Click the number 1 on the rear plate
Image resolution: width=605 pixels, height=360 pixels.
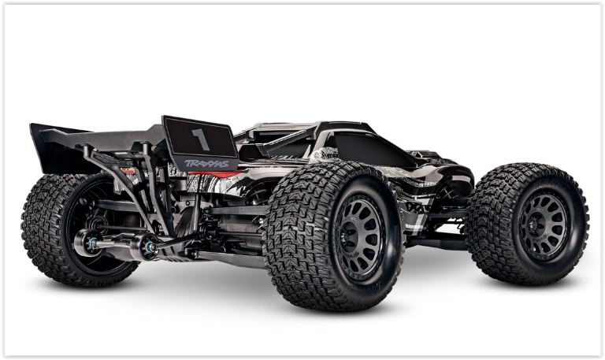coord(200,139)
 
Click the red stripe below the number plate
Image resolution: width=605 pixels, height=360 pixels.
coord(213,174)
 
